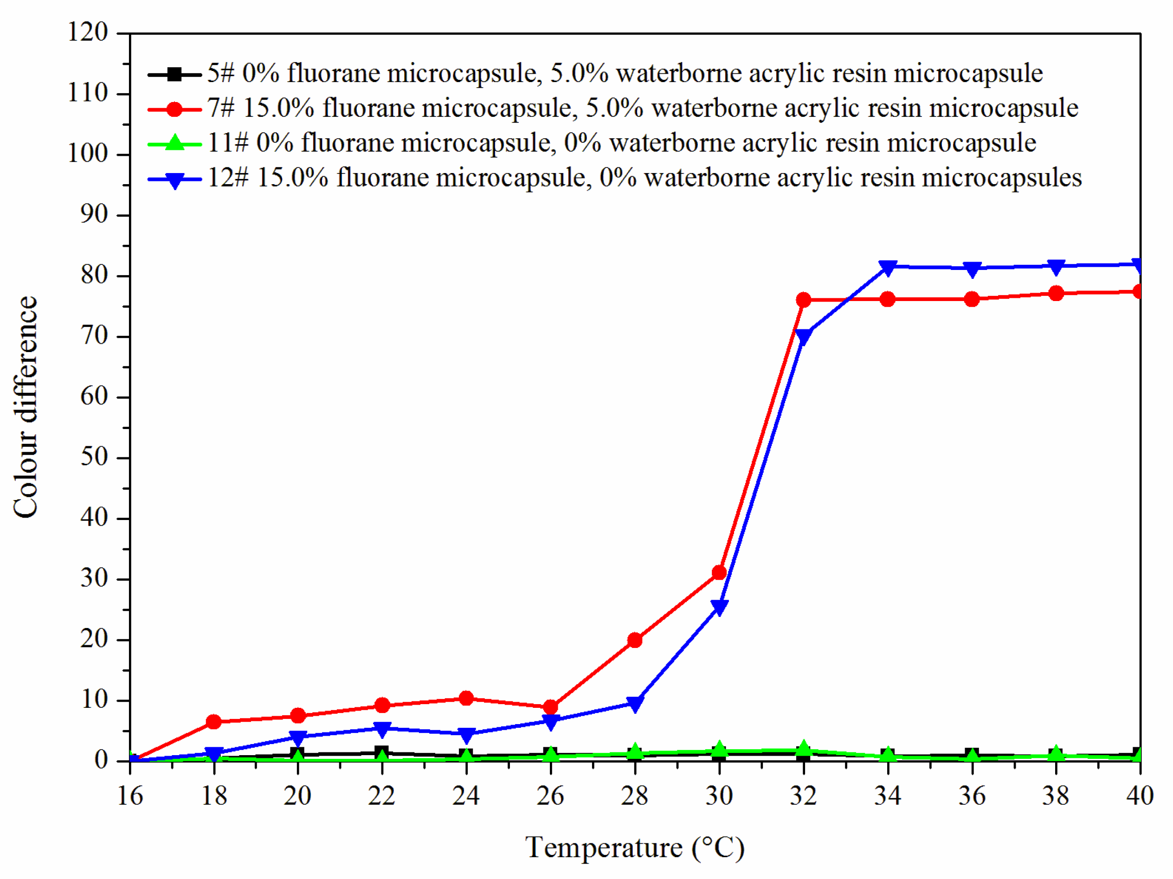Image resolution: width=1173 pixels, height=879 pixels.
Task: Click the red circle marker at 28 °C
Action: [635, 641]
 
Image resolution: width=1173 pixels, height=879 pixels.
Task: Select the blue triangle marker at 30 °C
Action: [719, 607]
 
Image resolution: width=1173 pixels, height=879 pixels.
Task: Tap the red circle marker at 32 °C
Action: [803, 300]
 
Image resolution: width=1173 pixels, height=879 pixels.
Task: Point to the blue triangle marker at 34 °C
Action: [888, 268]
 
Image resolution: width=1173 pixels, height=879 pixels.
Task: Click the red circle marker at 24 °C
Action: [466, 698]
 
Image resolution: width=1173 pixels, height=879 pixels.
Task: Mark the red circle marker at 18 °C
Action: [214, 722]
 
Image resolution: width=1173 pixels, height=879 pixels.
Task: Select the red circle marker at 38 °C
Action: [1056, 293]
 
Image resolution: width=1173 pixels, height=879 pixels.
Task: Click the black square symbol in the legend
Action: [174, 74]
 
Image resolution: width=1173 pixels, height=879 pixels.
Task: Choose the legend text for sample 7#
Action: [642, 108]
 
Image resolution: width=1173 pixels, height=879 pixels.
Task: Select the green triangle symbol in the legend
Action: [174, 143]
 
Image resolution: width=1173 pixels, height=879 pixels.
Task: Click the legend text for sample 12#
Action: [645, 178]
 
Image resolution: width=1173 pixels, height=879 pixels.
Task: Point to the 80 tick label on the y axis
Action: [94, 275]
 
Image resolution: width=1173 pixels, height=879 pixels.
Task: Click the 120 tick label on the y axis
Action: [88, 32]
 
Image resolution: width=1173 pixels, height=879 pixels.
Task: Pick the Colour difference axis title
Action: [26, 407]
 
